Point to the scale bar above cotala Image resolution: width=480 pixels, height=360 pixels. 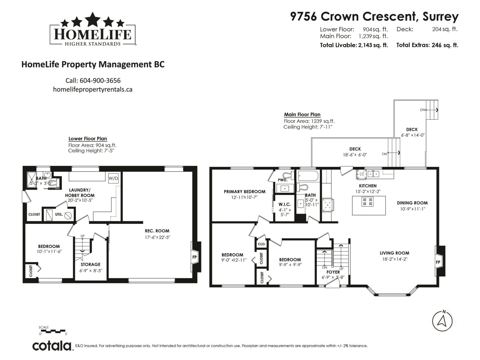click(x=53, y=331)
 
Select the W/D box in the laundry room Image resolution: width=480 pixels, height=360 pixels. click(x=113, y=178)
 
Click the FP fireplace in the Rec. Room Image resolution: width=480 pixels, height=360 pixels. click(x=195, y=257)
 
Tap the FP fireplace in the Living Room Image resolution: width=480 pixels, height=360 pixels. click(x=438, y=262)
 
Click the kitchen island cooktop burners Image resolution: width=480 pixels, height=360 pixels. click(x=368, y=201)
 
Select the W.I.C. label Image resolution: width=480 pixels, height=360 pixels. click(x=285, y=204)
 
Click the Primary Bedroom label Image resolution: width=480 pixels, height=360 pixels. click(x=244, y=191)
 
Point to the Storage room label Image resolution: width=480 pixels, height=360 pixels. click(x=90, y=264)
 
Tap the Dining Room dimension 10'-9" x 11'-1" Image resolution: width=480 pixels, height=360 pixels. click(x=412, y=209)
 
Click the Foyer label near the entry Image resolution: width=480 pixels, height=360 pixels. click(x=333, y=272)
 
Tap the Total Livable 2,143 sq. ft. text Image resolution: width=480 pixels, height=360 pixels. click(x=354, y=45)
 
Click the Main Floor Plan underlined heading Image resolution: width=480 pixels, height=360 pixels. click(x=302, y=114)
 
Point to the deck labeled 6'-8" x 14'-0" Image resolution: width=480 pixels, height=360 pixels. click(x=412, y=132)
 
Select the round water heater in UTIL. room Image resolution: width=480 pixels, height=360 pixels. click(x=68, y=215)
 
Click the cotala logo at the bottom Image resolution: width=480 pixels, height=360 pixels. click(x=52, y=346)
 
